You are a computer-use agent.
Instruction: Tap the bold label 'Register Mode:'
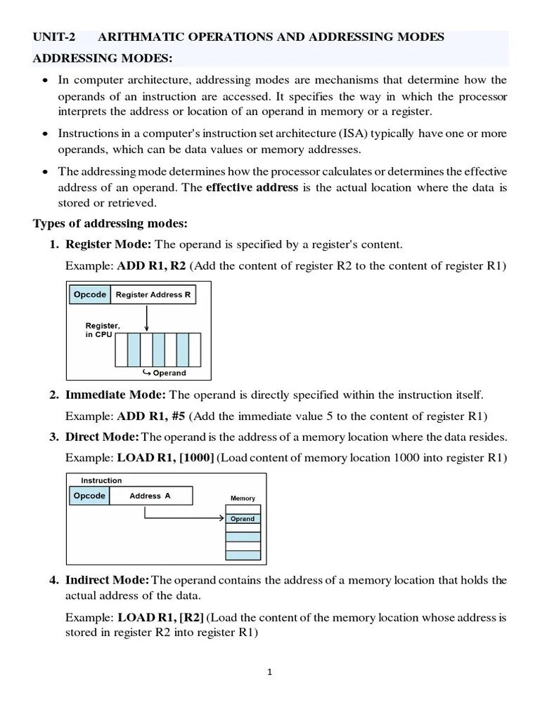[x=108, y=244]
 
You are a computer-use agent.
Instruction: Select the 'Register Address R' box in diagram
[x=153, y=295]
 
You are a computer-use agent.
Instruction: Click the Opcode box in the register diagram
[x=90, y=295]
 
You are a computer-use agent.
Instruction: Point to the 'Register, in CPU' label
[x=103, y=330]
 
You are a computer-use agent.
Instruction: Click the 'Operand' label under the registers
[x=166, y=373]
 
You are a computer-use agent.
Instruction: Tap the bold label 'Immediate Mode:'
[x=116, y=395]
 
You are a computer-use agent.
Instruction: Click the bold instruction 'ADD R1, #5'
[x=152, y=416]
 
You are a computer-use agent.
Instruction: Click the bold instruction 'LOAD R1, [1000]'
[x=165, y=458]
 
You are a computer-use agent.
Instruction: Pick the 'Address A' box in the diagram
[x=150, y=496]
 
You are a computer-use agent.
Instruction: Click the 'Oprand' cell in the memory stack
[x=243, y=519]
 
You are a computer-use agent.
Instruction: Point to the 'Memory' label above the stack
[x=243, y=498]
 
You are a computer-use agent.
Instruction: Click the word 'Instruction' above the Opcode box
[x=101, y=480]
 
